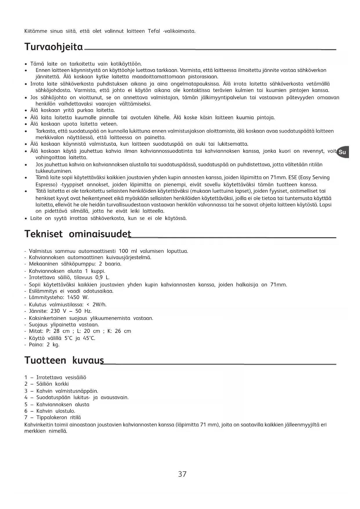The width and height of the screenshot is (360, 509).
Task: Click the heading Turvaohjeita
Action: tap(54, 47)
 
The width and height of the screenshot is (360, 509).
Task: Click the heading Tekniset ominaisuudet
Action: tap(78, 234)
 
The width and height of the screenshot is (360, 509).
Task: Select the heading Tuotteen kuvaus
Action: tap(64, 360)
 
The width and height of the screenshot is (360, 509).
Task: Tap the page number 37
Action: tap(182, 474)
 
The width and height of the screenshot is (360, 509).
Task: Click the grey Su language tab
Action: tap(342, 152)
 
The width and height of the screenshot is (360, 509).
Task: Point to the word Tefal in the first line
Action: tap(154, 31)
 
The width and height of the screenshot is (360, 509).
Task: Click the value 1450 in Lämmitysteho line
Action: tap(73, 297)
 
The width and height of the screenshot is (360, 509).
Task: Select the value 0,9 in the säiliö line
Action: tap(99, 277)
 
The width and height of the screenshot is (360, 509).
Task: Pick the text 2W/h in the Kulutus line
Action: tap(100, 304)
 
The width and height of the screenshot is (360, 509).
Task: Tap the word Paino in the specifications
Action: tap(36, 345)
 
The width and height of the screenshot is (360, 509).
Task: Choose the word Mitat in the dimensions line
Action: tap(36, 331)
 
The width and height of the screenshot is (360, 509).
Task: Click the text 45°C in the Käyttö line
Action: tap(89, 338)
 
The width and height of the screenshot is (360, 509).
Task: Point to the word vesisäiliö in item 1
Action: tap(76, 378)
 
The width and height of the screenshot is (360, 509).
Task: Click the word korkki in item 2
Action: tap(62, 384)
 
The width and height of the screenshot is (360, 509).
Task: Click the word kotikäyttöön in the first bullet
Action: tap(126, 64)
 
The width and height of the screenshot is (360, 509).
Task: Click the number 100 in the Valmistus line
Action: tap(123, 251)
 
